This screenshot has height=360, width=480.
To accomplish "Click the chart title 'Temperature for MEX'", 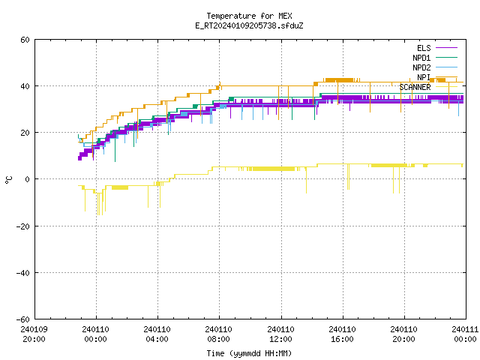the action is pos(249,16).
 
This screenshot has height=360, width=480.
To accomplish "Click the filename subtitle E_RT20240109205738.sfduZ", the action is pos(249,25).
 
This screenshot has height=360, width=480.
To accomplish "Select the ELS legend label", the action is pos(424,48).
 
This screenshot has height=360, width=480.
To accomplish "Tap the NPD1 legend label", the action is pos(421,58).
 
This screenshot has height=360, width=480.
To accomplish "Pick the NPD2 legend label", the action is pos(421,67).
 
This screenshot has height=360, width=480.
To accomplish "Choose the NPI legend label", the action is pos(424,77).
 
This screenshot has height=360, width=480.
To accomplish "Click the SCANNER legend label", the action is pos(415,87).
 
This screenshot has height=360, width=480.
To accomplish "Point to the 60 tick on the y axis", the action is pos(25,40).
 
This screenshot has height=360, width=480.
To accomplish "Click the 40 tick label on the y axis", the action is pos(25,86).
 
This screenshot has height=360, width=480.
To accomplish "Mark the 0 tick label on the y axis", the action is pos(27,179).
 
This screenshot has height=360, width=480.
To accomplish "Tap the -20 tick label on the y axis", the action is pos(23,226).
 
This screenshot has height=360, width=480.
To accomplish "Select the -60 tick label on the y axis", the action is pos(23,319).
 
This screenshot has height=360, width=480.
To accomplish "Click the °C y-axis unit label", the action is pos(9,179).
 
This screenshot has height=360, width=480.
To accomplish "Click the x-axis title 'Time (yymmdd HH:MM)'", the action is pos(249,353).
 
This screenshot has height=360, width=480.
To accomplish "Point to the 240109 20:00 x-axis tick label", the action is pos(34,334).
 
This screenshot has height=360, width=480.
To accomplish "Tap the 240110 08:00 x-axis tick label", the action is pos(218,334).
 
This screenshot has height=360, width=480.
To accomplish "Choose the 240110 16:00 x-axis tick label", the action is pos(342,334).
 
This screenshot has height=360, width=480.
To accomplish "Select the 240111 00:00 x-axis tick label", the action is pos(465,334).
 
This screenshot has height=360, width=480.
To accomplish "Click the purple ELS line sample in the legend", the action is pos(446,48).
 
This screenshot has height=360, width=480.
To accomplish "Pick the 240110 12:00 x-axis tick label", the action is pos(280,334).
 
